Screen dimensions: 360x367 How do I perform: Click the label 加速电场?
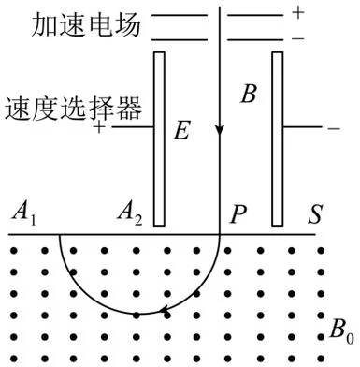click(x=86, y=25)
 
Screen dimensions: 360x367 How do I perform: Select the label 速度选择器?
click(x=74, y=109)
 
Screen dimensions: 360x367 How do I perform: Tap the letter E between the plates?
click(x=181, y=130)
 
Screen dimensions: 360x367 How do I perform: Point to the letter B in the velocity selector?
click(x=249, y=94)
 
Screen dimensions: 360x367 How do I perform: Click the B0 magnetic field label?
click(x=342, y=330)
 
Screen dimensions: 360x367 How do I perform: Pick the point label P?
click(x=238, y=214)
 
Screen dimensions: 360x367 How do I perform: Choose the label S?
click(x=315, y=214)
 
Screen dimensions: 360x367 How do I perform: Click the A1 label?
click(x=23, y=215)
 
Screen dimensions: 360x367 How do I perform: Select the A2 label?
click(x=130, y=215)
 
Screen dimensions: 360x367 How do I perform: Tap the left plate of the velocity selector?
click(x=159, y=139)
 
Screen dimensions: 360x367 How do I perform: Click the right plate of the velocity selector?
click(x=278, y=139)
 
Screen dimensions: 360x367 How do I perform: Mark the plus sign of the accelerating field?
click(x=298, y=13)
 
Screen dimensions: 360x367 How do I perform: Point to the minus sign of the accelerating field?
click(x=298, y=38)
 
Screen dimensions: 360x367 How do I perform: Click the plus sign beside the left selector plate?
click(x=99, y=127)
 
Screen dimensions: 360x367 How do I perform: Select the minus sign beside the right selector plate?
click(x=334, y=128)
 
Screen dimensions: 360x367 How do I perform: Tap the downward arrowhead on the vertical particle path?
click(x=220, y=130)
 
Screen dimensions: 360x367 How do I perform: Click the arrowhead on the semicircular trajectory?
click(x=164, y=310)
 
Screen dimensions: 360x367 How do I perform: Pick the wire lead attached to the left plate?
click(x=133, y=127)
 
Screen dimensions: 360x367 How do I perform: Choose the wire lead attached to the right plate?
click(x=302, y=127)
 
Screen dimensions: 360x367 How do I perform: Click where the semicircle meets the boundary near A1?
click(x=59, y=234)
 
